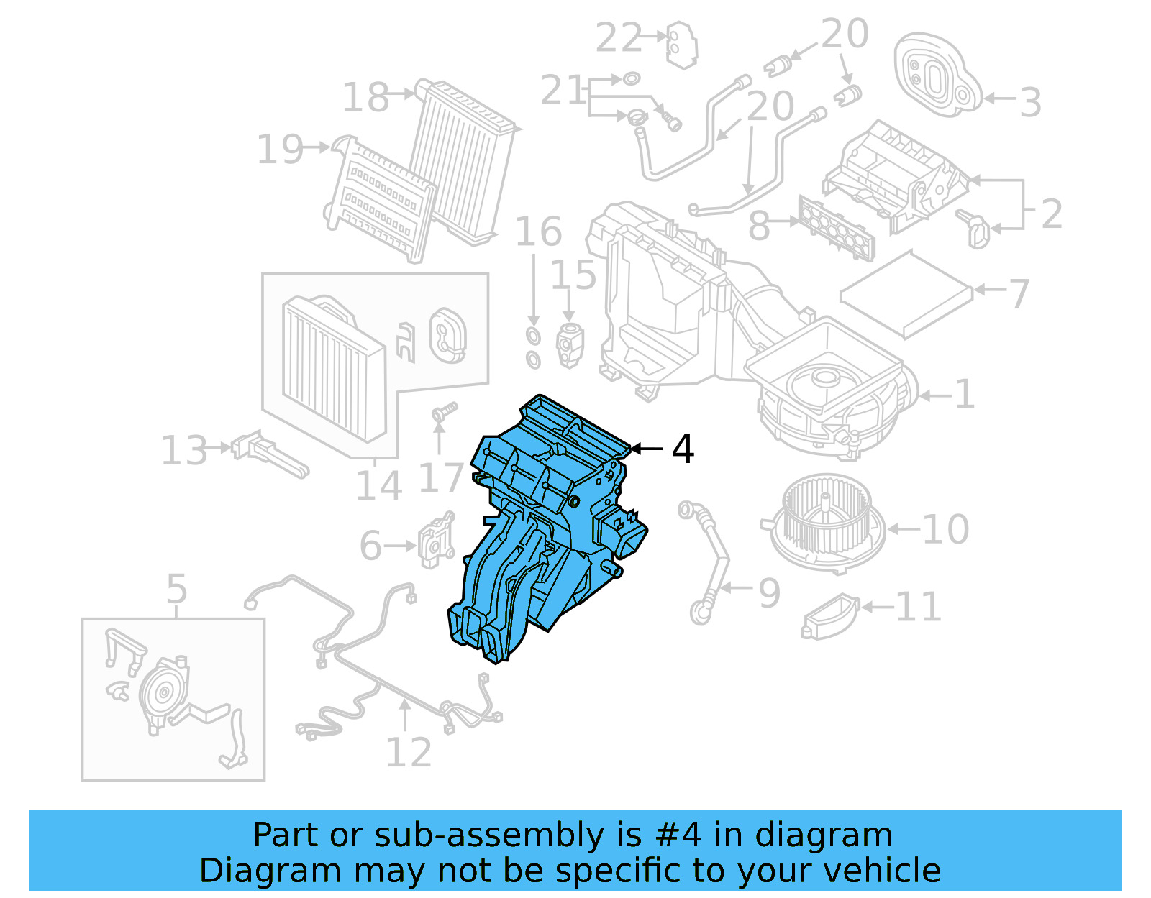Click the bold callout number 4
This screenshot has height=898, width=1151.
(683, 449)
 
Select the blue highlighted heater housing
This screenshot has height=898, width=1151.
(547, 525)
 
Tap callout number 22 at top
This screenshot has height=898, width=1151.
(618, 38)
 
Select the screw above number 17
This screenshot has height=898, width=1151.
(443, 412)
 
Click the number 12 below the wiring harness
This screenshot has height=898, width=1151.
(409, 752)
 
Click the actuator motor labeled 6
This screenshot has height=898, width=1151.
(436, 539)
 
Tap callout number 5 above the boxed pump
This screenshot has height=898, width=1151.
(176, 589)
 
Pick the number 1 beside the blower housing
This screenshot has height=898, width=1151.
(964, 394)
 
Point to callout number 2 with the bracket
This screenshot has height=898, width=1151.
(1051, 214)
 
